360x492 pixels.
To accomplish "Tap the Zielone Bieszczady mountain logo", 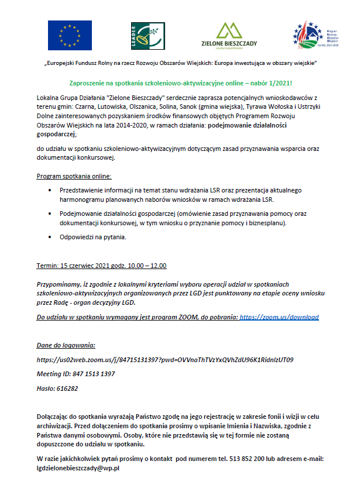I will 230,35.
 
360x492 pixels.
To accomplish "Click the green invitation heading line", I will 180,84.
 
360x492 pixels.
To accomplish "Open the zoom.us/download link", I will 279,317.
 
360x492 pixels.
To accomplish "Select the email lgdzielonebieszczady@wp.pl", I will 78,469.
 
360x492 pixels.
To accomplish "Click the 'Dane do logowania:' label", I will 66,346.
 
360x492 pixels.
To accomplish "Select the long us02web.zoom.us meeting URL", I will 164,360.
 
